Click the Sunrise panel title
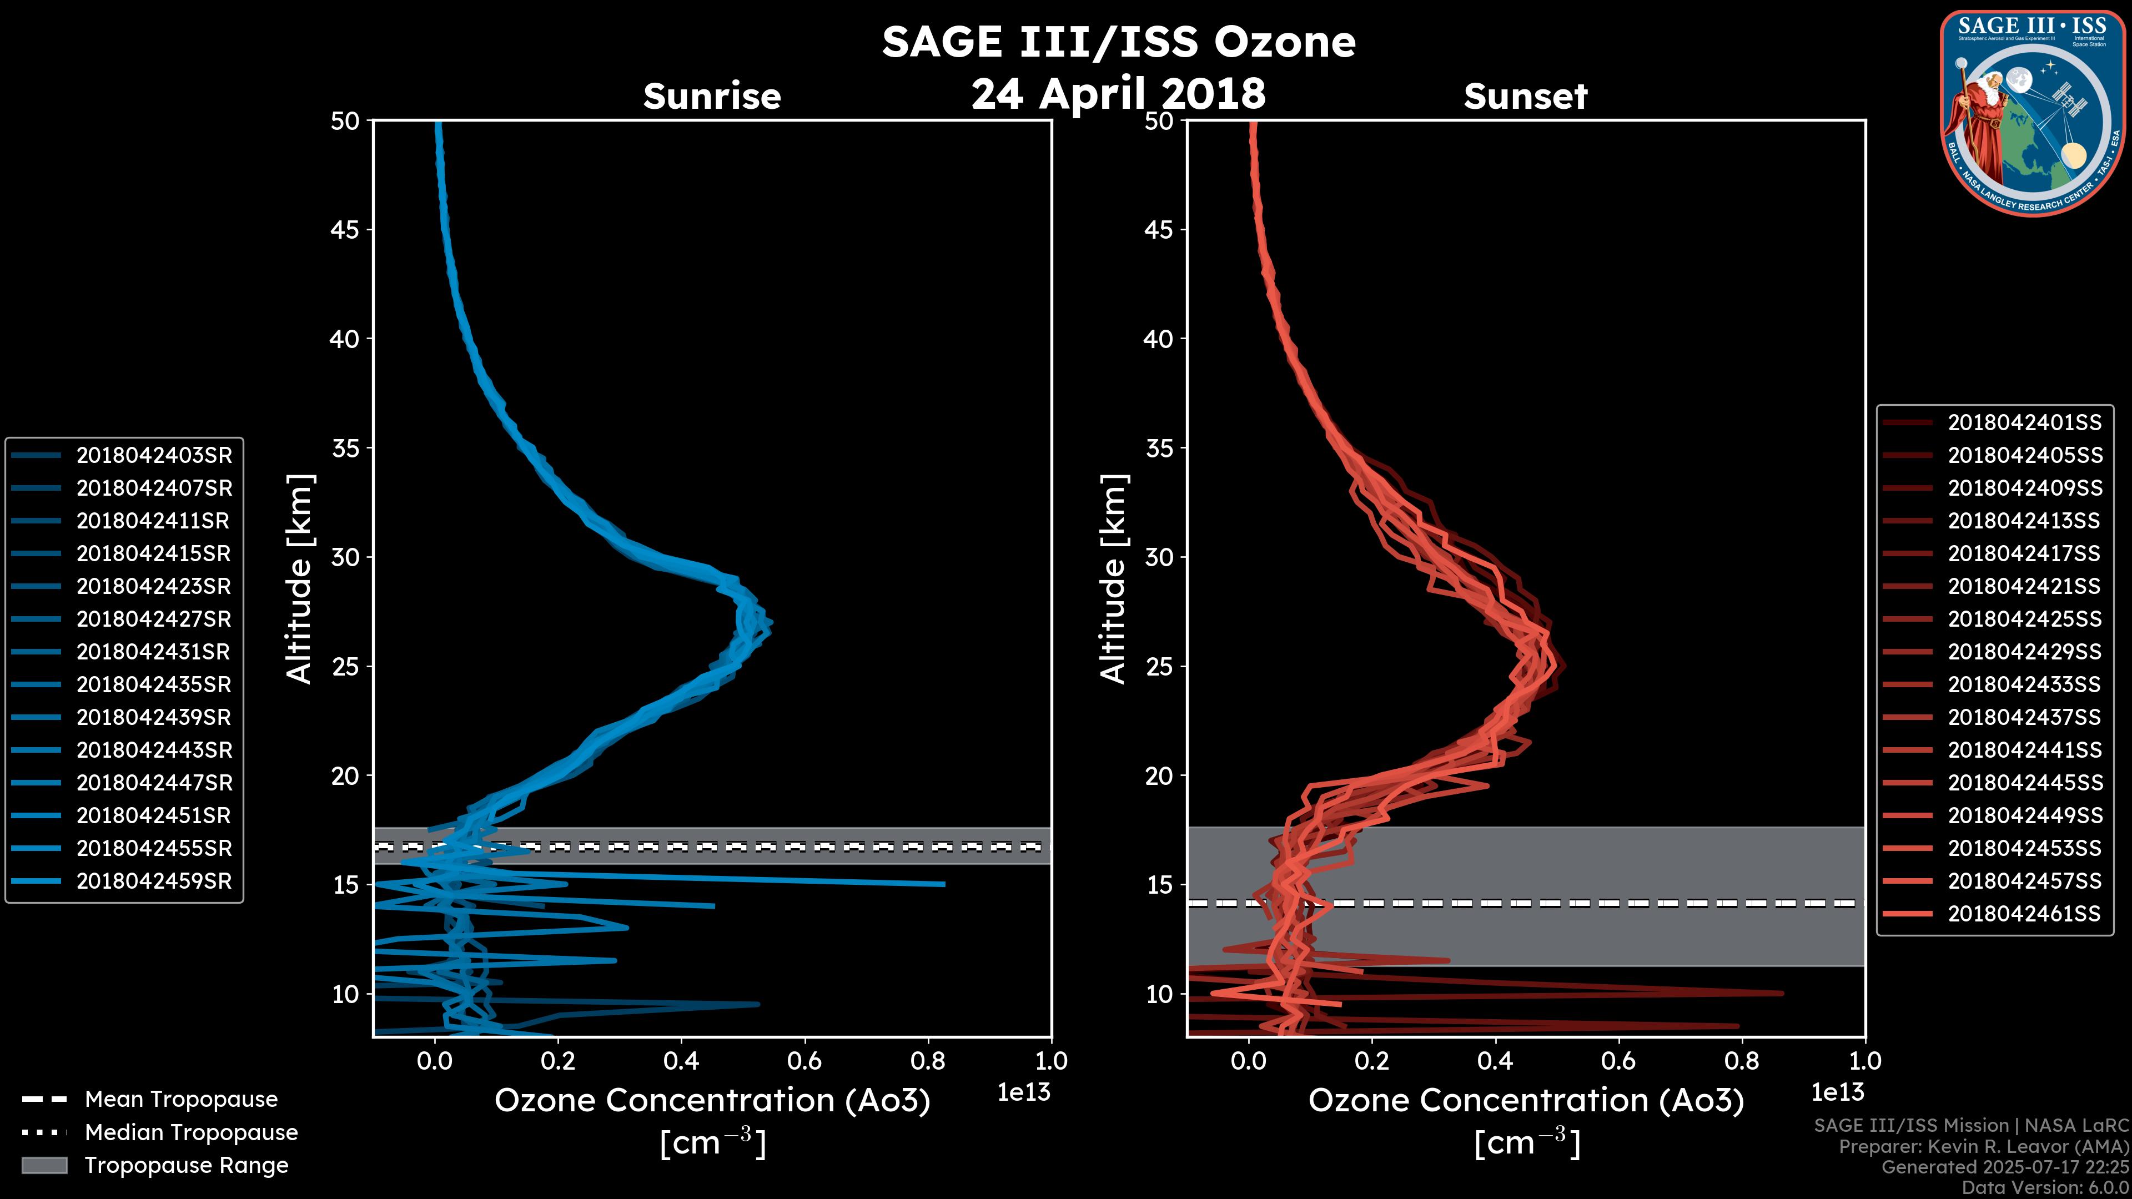(x=712, y=96)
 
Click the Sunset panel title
(x=1525, y=96)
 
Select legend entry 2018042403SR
(x=154, y=455)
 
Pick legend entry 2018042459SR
(x=154, y=881)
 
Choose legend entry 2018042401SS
(x=2024, y=423)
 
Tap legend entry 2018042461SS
(x=2024, y=914)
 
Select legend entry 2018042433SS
(x=2024, y=684)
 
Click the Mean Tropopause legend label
(x=181, y=1099)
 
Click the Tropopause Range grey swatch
(x=44, y=1165)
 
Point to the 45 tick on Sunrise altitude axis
(x=345, y=229)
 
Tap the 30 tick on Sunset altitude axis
(x=1159, y=557)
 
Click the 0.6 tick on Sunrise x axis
(x=804, y=1061)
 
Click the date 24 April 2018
(x=1118, y=93)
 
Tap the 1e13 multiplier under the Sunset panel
(x=1837, y=1092)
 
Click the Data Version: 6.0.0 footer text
(x=2044, y=1188)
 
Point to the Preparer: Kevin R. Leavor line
(x=1983, y=1146)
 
